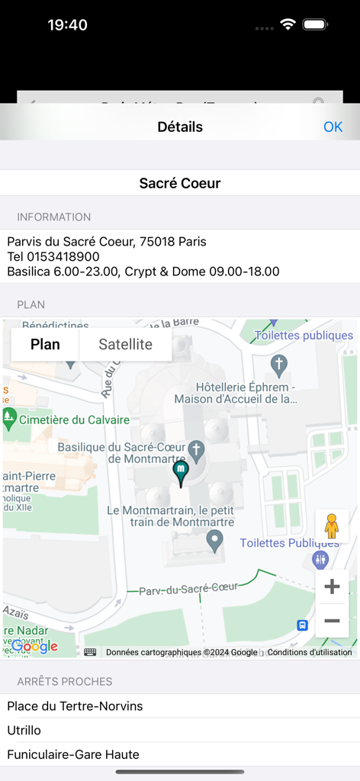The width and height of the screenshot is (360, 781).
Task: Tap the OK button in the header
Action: pyautogui.click(x=333, y=127)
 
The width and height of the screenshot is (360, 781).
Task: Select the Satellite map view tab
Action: pyautogui.click(x=125, y=345)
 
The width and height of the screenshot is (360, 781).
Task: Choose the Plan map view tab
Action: pyautogui.click(x=45, y=345)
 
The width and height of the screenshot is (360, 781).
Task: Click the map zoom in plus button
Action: pyautogui.click(x=332, y=587)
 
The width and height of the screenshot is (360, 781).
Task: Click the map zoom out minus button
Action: pyautogui.click(x=332, y=621)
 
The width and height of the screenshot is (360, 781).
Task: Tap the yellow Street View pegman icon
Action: pyautogui.click(x=332, y=526)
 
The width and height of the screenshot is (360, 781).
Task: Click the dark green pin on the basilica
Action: pyautogui.click(x=181, y=472)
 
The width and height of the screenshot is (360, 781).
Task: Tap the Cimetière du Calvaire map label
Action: pyautogui.click(x=74, y=419)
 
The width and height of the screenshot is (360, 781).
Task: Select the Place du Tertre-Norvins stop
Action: pyautogui.click(x=75, y=706)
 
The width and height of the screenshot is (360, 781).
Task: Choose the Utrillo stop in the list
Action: pyautogui.click(x=24, y=731)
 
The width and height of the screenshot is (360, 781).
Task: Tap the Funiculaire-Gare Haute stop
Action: pyautogui.click(x=73, y=754)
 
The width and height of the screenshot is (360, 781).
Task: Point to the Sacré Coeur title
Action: pyautogui.click(x=180, y=183)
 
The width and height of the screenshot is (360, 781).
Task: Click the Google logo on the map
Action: pyautogui.click(x=34, y=647)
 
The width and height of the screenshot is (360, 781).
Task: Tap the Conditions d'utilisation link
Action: pyautogui.click(x=310, y=652)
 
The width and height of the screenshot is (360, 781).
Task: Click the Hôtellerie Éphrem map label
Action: pyautogui.click(x=235, y=392)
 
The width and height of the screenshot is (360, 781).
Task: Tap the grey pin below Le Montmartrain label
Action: pyautogui.click(x=215, y=541)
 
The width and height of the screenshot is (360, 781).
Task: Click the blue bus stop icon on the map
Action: pyautogui.click(x=303, y=625)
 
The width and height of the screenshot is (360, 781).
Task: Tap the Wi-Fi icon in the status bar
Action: pyautogui.click(x=288, y=24)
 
